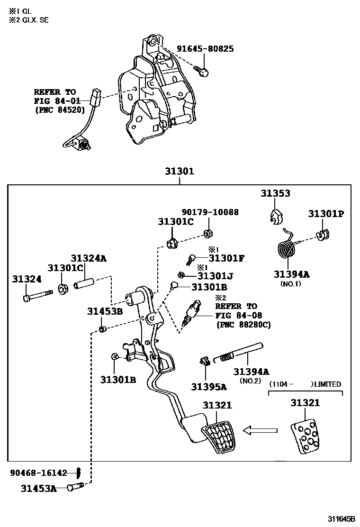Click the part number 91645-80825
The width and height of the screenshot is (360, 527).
pyautogui.click(x=205, y=49)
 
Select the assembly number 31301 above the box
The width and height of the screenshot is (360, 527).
pyautogui.click(x=180, y=171)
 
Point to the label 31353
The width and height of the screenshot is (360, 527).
pyautogui.click(x=275, y=193)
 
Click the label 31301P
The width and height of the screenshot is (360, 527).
pyautogui.click(x=326, y=213)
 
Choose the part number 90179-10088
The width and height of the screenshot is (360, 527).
pyautogui.click(x=210, y=212)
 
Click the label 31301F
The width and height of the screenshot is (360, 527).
pyautogui.click(x=226, y=258)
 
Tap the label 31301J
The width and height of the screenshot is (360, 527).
pyautogui.click(x=216, y=275)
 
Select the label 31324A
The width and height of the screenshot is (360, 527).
pyautogui.click(x=89, y=258)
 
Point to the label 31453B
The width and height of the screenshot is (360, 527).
pyautogui.click(x=105, y=311)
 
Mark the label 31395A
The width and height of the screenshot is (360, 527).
pyautogui.click(x=209, y=387)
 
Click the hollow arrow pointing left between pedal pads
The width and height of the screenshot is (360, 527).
pyautogui.click(x=260, y=430)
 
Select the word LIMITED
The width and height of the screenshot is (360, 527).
pyautogui.click(x=328, y=384)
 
